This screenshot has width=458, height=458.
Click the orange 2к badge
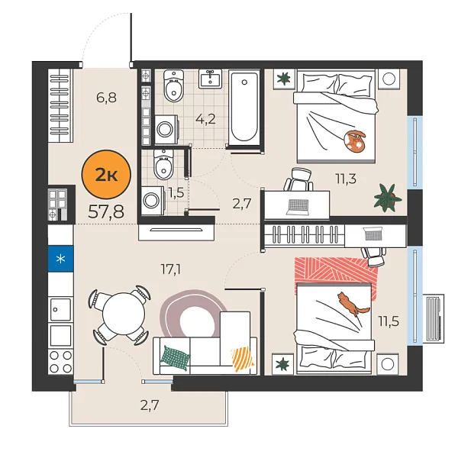pos(105,175)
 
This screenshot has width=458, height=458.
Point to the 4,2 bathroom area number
pos(205,119)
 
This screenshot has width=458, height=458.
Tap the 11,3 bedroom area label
pos(346,179)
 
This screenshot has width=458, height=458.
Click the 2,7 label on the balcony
pos(150,405)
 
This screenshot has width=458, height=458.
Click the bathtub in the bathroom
pos(244,107)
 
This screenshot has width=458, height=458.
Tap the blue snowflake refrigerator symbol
pos(60,257)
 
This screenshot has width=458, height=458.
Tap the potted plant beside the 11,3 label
pos(388,198)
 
